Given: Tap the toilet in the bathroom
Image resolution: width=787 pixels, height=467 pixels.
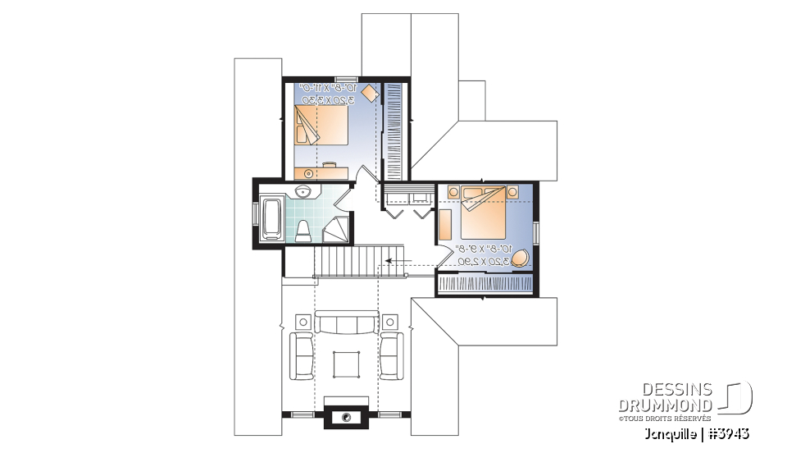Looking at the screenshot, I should pos(303,230).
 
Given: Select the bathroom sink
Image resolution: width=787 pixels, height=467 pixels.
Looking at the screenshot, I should pos(303,193).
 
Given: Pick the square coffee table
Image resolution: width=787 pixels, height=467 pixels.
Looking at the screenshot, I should pos(347,362).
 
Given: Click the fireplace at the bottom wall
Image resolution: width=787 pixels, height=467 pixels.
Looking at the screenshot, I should pos(347,417).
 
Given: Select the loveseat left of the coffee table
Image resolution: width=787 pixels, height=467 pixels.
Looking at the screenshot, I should pos(303,355).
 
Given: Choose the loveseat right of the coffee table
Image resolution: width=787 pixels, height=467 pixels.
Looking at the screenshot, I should pos(391,355).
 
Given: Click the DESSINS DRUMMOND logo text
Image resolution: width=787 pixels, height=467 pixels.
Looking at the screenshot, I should pos(665,397).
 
